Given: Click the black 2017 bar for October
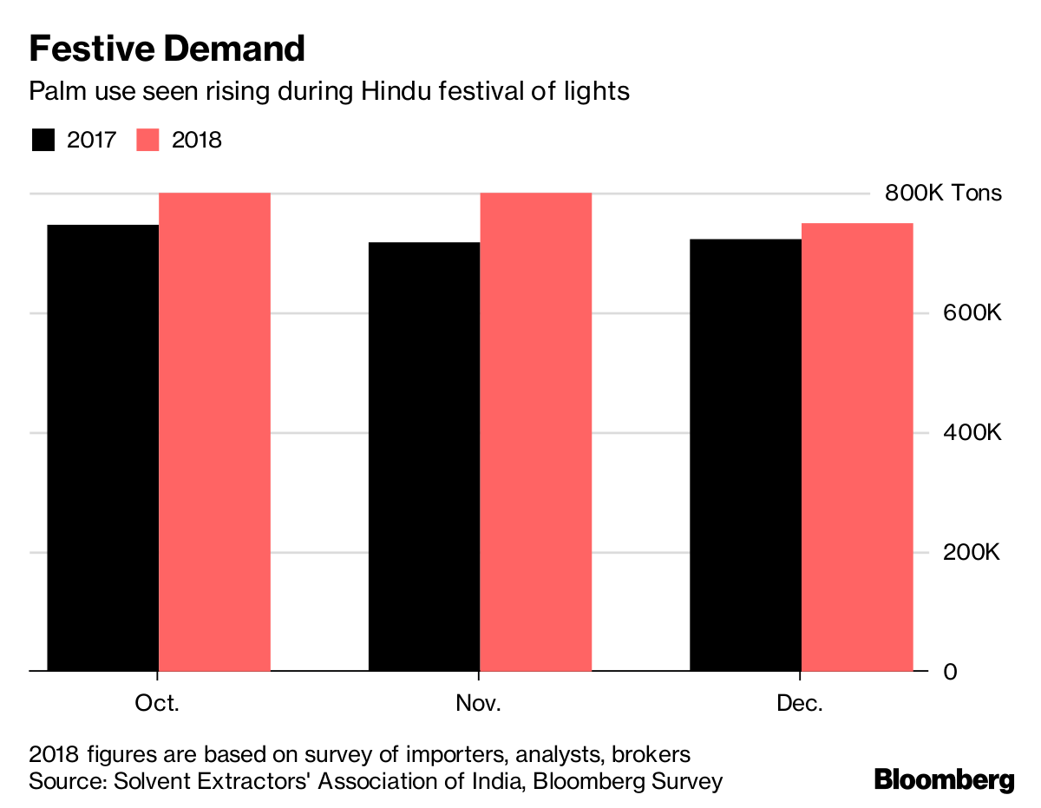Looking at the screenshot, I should pyautogui.click(x=102, y=448).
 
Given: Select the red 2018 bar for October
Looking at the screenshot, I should pyautogui.click(x=214, y=431).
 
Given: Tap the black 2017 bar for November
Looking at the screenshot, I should pyautogui.click(x=423, y=457).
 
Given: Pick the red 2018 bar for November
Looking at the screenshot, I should pyautogui.click(x=535, y=431).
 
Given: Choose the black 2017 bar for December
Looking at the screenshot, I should pyautogui.click(x=744, y=455).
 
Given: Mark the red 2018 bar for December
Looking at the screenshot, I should pyautogui.click(x=856, y=447).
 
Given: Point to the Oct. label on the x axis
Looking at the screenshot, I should pyautogui.click(x=157, y=703).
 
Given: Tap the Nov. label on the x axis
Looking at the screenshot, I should pyautogui.click(x=478, y=703).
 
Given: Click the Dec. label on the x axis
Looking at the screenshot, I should pyautogui.click(x=800, y=703).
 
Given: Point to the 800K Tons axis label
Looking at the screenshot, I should pyautogui.click(x=942, y=193).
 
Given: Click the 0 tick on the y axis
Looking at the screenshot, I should pyautogui.click(x=950, y=672).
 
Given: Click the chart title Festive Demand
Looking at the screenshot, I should pyautogui.click(x=167, y=49).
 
